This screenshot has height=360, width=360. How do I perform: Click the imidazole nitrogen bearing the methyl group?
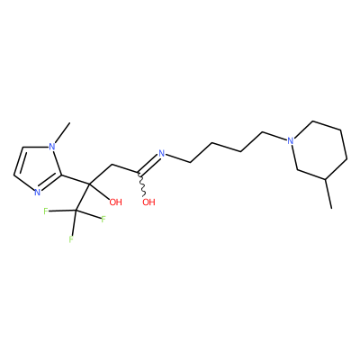click(52, 147)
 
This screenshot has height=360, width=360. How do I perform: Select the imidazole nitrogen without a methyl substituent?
click(37, 192)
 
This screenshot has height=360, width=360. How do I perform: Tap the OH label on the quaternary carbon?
click(115, 202)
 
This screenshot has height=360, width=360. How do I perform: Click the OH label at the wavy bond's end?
click(148, 202)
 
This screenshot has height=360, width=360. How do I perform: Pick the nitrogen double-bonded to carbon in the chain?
click(162, 154)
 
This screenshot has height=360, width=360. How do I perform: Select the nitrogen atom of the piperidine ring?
click(290, 140)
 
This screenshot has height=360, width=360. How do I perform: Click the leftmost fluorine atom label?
click(46, 211)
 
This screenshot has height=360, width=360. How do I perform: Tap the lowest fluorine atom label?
click(71, 239)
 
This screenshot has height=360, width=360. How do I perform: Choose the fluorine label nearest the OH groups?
click(103, 219)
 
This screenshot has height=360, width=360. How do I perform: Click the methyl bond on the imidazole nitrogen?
click(62, 132)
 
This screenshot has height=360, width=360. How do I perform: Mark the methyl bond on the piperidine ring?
click(328, 193)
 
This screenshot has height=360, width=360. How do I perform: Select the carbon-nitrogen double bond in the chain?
click(149, 164)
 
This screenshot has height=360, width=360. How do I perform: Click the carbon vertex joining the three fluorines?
click(75, 211)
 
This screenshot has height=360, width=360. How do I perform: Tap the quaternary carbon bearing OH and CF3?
click(89, 183)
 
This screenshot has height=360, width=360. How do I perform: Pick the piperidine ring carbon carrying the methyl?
click(325, 179)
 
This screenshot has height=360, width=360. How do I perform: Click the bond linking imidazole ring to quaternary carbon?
click(75, 179)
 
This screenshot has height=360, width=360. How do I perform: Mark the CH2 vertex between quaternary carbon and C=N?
click(112, 165)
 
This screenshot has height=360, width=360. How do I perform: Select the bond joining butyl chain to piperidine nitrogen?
click(274, 136)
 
